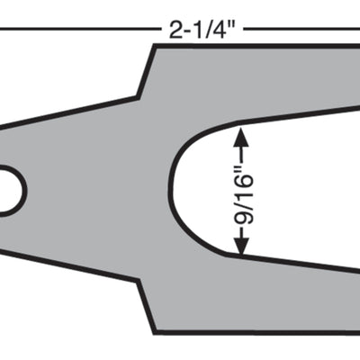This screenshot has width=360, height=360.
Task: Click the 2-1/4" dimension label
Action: (202, 30)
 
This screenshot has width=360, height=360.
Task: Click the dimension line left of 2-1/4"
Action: (81, 29)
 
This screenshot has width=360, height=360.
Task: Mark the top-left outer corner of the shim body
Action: (155, 47)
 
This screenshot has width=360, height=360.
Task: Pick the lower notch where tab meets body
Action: (139, 282)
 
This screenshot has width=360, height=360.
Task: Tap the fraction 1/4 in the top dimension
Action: (214, 30)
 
